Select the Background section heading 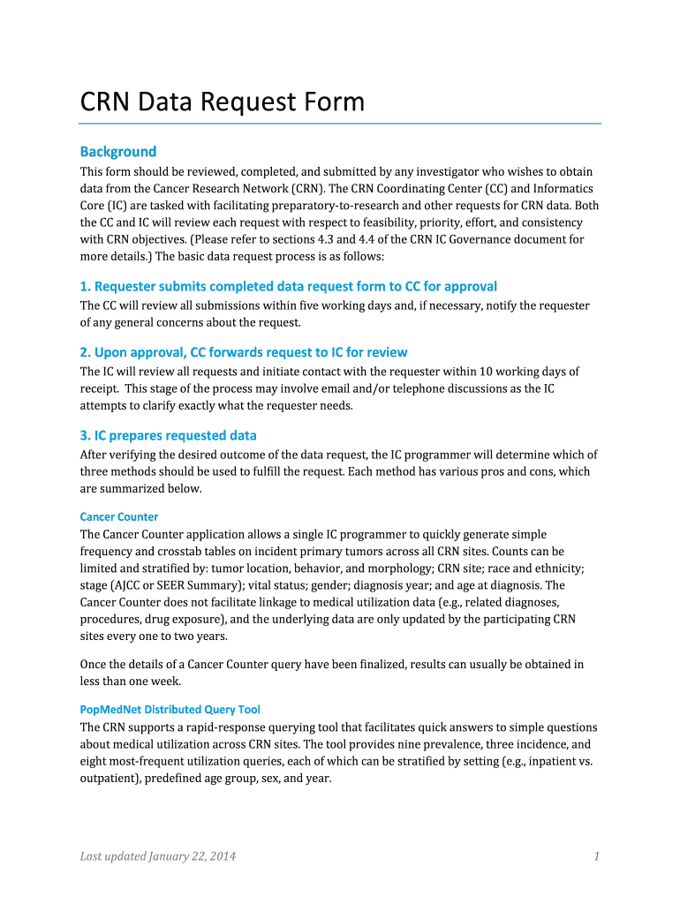tap(118, 151)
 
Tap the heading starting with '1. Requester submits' tap(288, 286)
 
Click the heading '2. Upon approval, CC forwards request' tap(244, 352)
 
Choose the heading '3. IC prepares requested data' tap(168, 435)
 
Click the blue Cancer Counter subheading tap(119, 516)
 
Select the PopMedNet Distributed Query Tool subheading tap(170, 709)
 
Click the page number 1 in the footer tap(597, 855)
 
